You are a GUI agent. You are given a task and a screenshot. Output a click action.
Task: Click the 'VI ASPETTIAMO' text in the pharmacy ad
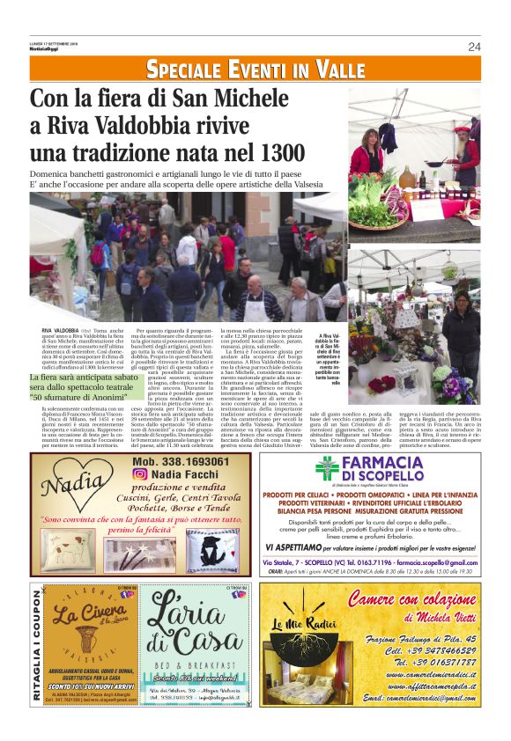click(x=287, y=547)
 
